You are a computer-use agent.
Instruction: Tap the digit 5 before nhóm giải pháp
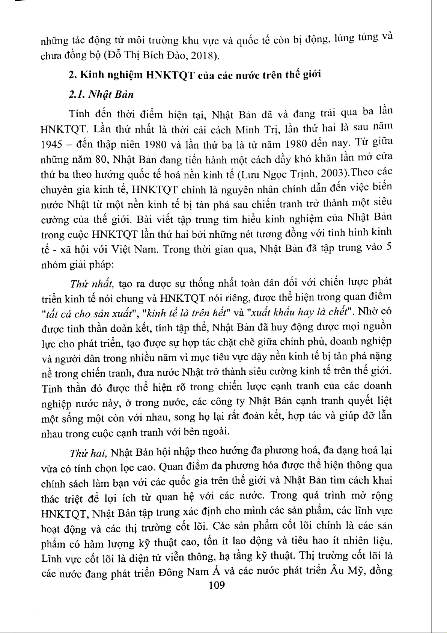[x=389, y=247]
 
